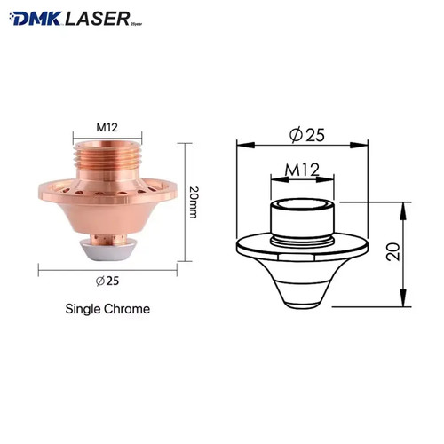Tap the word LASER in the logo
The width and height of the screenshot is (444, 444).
coord(99,17)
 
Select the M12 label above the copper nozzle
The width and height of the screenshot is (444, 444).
coord(107,127)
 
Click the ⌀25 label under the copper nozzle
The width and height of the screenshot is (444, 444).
coord(107,282)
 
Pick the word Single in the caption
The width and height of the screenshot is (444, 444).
coord(84,310)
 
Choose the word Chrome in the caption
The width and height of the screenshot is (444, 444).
coord(129,310)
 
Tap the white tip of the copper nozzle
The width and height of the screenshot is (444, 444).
coord(107,250)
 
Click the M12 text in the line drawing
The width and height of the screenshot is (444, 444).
coord(303,169)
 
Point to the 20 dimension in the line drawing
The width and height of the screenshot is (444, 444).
coord(417,253)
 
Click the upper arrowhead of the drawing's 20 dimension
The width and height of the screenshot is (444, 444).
coord(405,203)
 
